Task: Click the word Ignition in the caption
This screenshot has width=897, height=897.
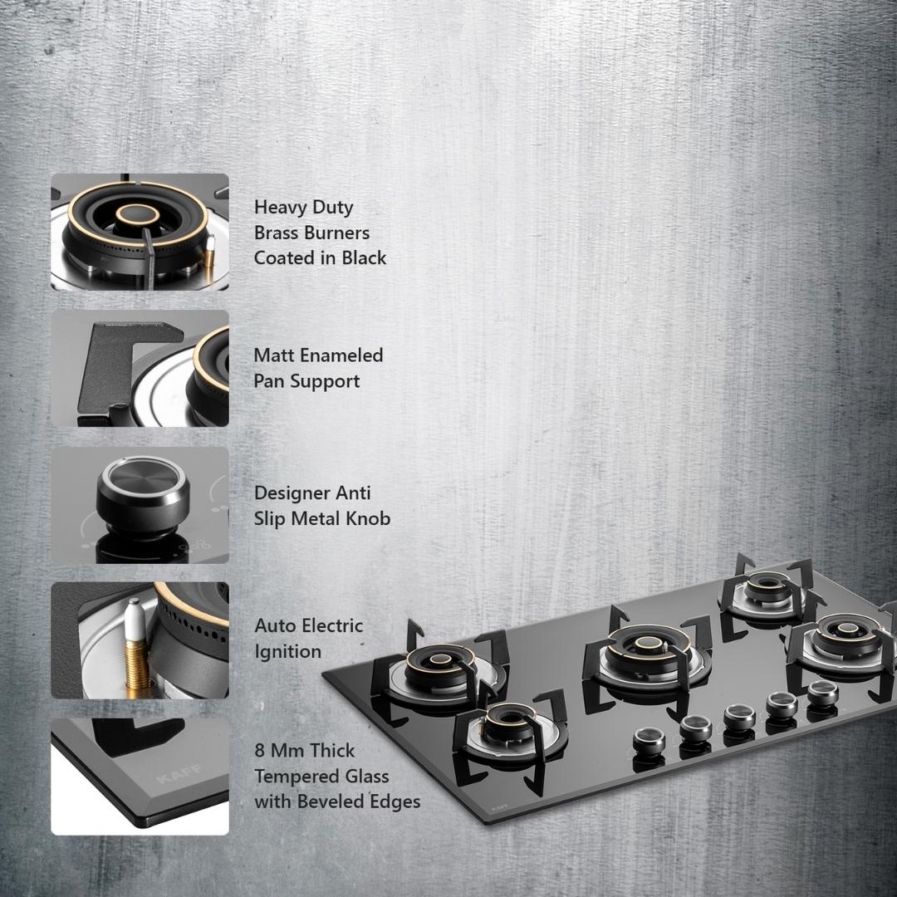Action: pyautogui.click(x=287, y=652)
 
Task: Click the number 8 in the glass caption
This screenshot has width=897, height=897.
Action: pyautogui.click(x=260, y=751)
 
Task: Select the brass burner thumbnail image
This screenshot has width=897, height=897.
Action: pyautogui.click(x=140, y=232)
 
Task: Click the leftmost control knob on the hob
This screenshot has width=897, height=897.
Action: pyautogui.click(x=649, y=742)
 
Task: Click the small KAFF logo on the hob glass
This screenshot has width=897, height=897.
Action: pyautogui.click(x=499, y=810)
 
